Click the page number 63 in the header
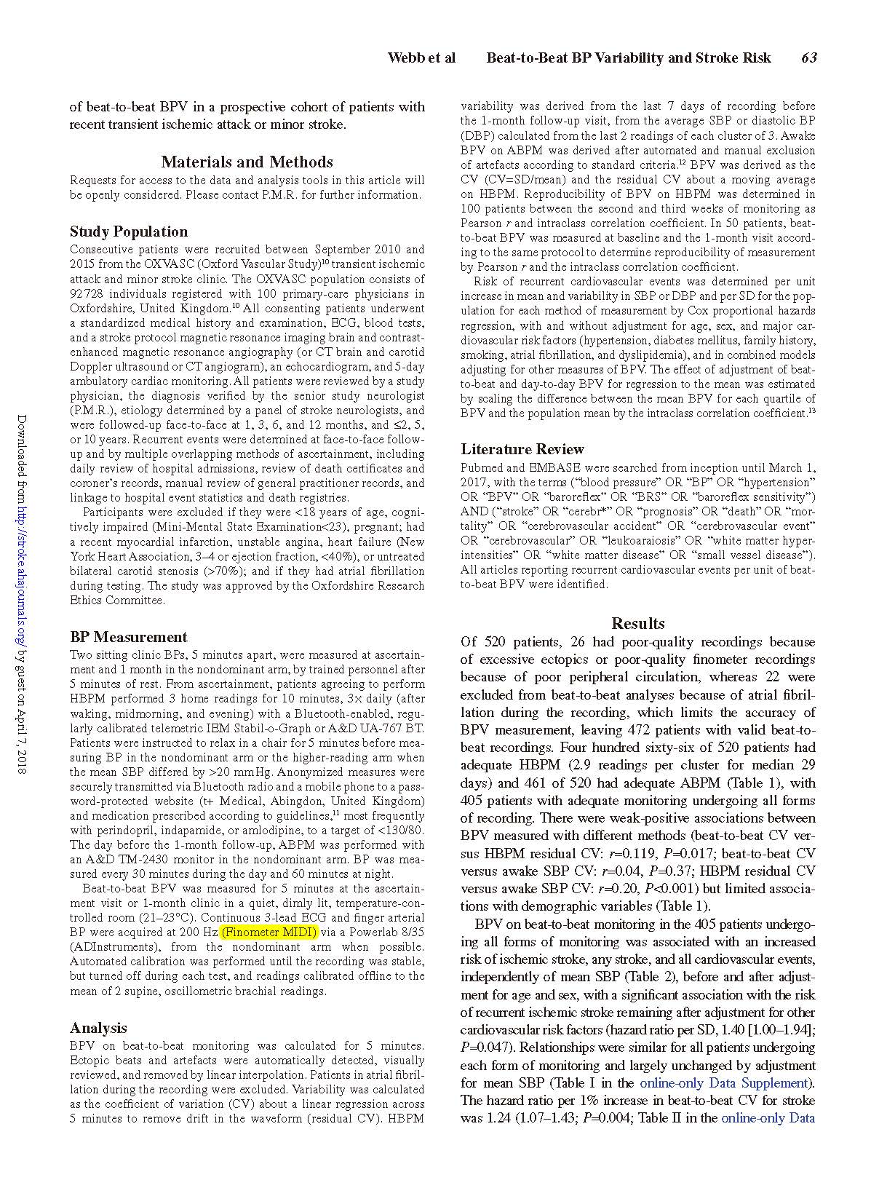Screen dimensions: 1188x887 808,58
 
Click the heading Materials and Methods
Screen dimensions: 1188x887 247,162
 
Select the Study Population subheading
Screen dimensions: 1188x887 129,231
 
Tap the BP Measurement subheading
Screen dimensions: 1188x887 128,637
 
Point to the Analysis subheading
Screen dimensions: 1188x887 98,1028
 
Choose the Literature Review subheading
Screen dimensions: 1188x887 522,449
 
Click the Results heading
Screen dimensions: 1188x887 637,623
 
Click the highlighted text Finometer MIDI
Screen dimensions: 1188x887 270,932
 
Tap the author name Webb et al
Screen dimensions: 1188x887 421,58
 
